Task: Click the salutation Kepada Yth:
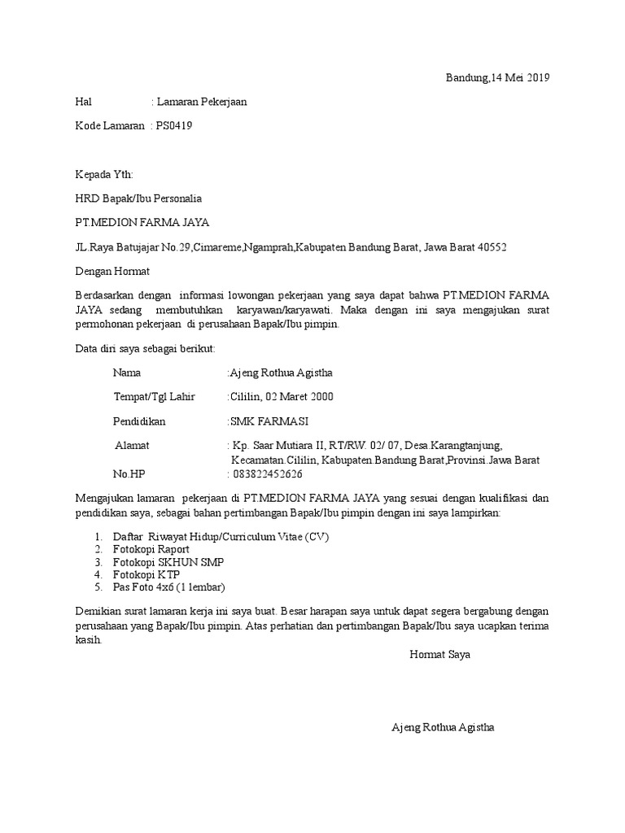(x=103, y=175)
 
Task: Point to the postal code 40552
(x=492, y=246)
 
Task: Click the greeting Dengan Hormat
(x=112, y=271)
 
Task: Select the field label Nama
(x=127, y=373)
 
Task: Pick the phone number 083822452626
(x=268, y=474)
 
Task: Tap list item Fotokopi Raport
(x=151, y=549)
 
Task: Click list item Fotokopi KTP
(x=146, y=574)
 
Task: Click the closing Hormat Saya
(x=439, y=654)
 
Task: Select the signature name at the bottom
(x=443, y=727)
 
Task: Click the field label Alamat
(x=132, y=446)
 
